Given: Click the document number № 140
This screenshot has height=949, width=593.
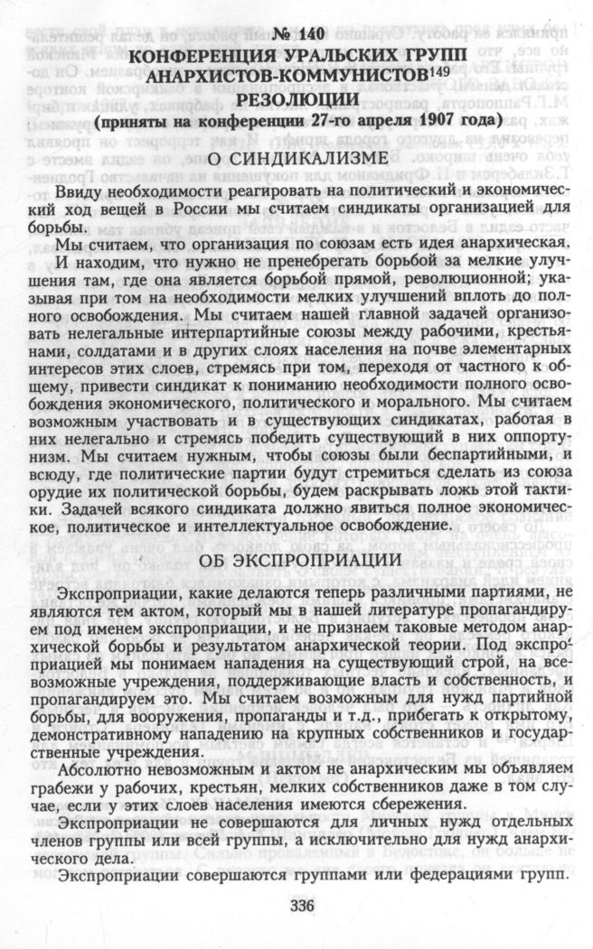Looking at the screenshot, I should click(297, 36).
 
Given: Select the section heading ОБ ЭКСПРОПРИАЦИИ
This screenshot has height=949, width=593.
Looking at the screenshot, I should click(296, 561).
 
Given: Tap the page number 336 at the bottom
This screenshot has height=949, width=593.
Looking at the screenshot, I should click(297, 905).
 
